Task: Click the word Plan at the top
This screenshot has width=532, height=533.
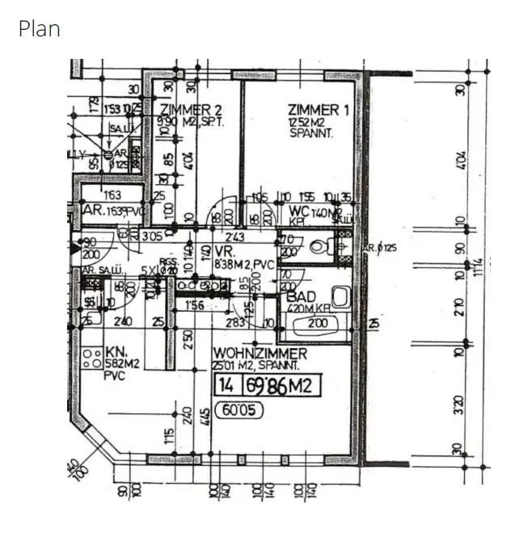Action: pyautogui.click(x=39, y=30)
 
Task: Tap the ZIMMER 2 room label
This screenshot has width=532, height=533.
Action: pyautogui.click(x=191, y=110)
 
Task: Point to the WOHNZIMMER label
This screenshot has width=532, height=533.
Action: pyautogui.click(x=260, y=354)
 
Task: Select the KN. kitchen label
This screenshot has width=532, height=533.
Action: pyautogui.click(x=112, y=353)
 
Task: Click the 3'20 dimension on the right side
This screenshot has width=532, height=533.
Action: pyautogui.click(x=460, y=404)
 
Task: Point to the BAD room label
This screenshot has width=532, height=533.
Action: pyautogui.click(x=302, y=296)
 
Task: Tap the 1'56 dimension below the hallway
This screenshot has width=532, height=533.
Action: pyautogui.click(x=195, y=304)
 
